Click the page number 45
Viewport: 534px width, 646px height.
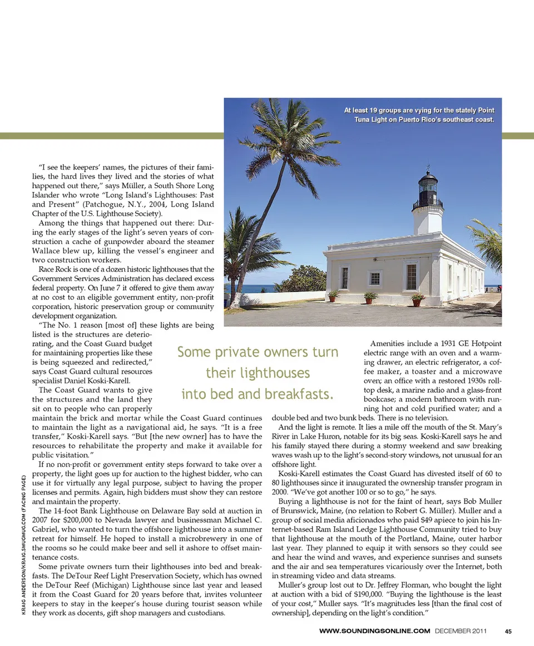(508, 631)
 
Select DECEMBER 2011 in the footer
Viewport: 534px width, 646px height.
(462, 631)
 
